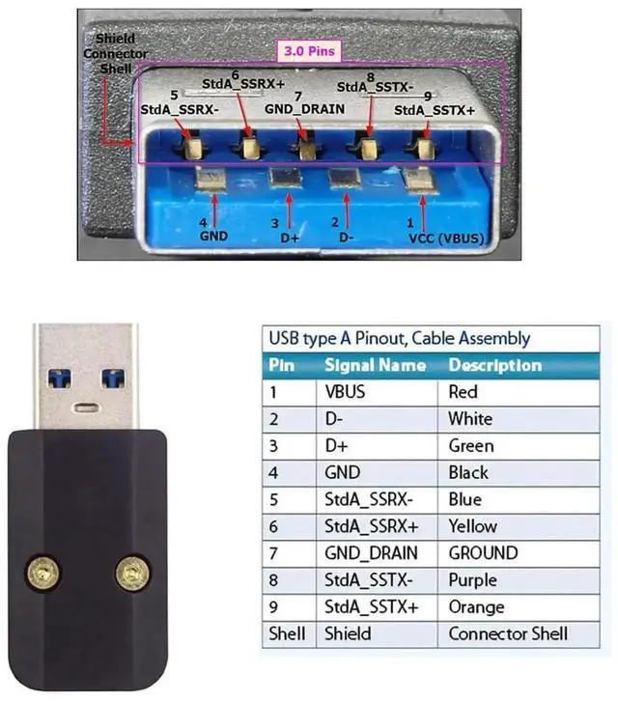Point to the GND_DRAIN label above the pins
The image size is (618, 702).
pos(305,109)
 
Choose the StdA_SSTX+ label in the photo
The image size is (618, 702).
pos(435,111)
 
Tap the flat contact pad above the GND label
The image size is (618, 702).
pos(208,180)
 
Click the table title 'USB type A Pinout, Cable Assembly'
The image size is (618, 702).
pos(398,338)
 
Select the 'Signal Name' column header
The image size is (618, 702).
pos(375,365)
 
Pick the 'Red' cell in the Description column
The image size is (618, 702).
pos(463,392)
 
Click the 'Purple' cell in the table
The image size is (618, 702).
pos(472,580)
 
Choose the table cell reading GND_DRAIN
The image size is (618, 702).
pos(372,553)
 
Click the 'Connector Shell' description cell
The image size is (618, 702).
pos(508,634)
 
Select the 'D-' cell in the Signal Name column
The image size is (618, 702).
pos(335,419)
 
